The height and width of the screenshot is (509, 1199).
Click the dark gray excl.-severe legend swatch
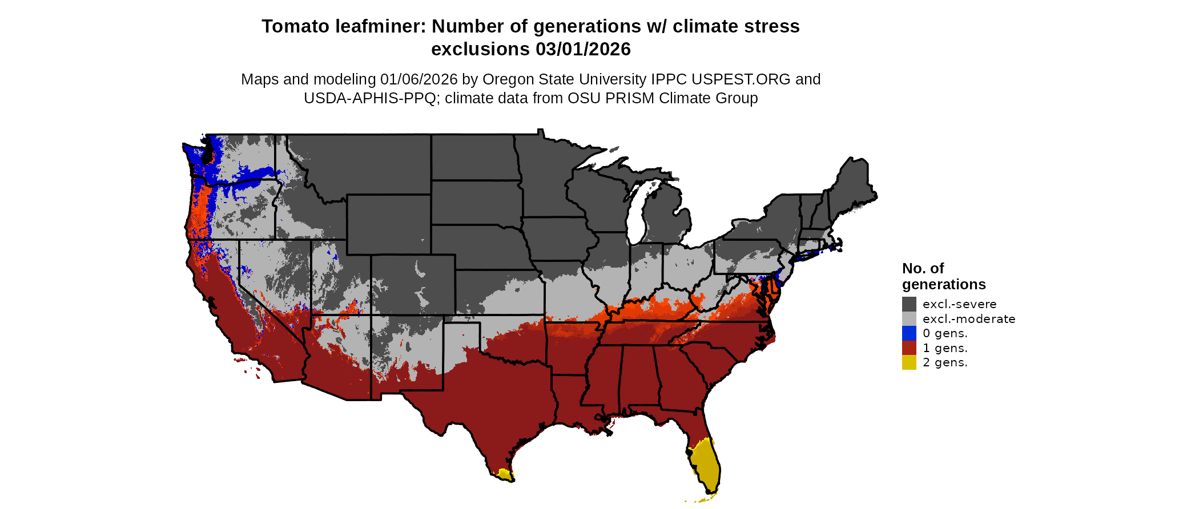pos(909,304)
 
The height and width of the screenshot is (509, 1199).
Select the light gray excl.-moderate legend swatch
pos(909,319)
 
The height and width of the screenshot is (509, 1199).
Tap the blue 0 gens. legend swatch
pos(909,333)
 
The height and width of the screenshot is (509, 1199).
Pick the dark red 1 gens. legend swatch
pos(909,348)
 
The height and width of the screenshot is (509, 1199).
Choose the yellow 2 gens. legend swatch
pos(909,362)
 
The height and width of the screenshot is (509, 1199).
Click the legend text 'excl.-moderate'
pos(969,319)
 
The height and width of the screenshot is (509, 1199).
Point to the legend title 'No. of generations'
pos(943,276)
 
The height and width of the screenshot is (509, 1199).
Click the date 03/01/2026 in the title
pos(583,50)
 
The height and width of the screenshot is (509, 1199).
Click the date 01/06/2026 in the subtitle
pos(419,79)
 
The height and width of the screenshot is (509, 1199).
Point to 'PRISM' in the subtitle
pos(630,98)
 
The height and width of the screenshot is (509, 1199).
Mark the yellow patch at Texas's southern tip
pos(503,474)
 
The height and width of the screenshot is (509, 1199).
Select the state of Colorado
pos(413,285)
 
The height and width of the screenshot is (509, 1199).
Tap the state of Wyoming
pos(388,224)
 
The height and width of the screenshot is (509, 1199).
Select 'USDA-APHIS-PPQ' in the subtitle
pos(370,98)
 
